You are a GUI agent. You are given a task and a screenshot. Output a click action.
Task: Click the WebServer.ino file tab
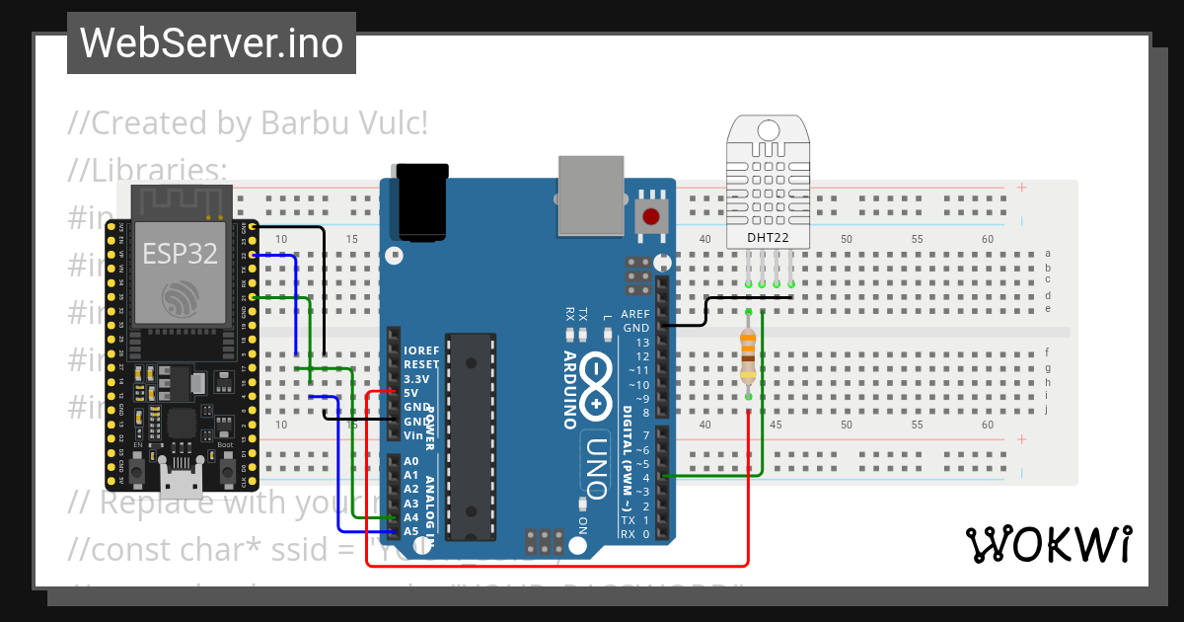pyautogui.click(x=211, y=43)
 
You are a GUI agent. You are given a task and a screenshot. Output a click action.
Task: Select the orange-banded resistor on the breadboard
pyautogui.click(x=749, y=355)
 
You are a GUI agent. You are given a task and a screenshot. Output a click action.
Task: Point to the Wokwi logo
pyautogui.click(x=1048, y=543)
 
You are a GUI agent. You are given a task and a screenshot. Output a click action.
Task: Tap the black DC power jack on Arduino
pyautogui.click(x=421, y=201)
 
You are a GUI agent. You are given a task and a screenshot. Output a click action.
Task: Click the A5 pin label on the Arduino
pyautogui.click(x=411, y=531)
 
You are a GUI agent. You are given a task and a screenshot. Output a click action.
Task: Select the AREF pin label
pyautogui.click(x=635, y=314)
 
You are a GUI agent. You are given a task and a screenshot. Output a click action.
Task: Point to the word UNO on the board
pyautogui.click(x=598, y=464)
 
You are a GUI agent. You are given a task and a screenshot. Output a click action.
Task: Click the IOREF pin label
pyautogui.click(x=420, y=350)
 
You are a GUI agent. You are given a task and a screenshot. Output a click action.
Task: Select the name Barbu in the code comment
pyautogui.click(x=304, y=124)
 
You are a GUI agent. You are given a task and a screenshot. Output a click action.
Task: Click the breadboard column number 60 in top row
pyautogui.click(x=988, y=240)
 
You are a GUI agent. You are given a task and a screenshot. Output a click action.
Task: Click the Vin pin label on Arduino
pyautogui.click(x=412, y=435)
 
